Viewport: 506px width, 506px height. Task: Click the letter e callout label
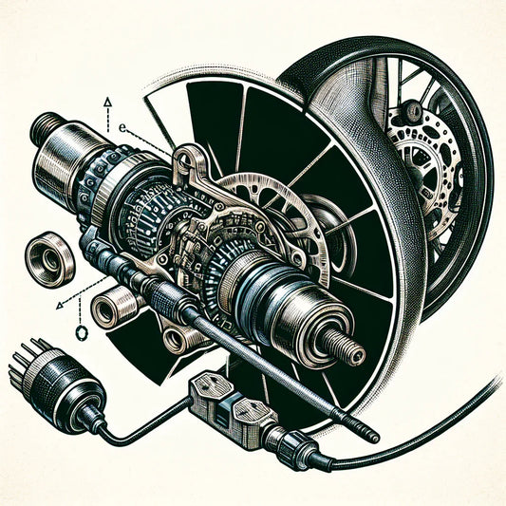123,125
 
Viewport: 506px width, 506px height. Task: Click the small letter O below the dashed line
79,333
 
